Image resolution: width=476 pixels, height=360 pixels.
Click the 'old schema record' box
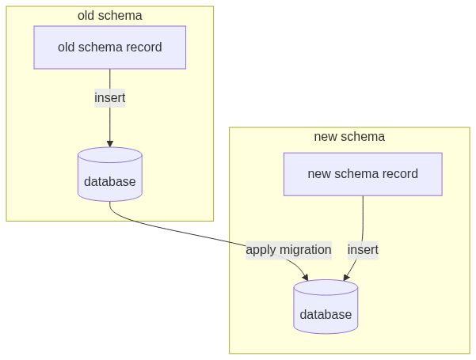(109, 47)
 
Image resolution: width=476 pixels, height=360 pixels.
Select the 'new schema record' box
(363, 174)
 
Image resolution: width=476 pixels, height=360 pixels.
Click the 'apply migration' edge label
(288, 250)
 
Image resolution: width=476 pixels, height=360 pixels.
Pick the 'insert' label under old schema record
(109, 98)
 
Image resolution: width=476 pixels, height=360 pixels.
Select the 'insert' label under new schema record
(363, 250)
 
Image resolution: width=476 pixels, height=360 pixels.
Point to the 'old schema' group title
(109, 15)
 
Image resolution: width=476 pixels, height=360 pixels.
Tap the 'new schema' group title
(349, 136)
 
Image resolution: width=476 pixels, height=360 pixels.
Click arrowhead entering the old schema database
(109, 143)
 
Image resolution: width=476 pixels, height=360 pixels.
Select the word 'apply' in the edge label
(261, 250)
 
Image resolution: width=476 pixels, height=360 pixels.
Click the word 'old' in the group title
(86, 15)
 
